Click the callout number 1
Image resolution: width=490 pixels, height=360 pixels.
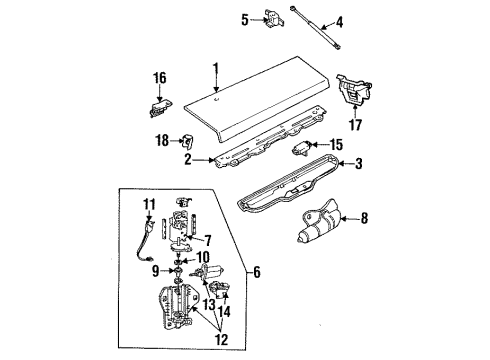[x=212, y=68]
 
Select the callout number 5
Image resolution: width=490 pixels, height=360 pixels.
[x=245, y=18]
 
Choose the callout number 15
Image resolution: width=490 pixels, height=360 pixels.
[x=336, y=146]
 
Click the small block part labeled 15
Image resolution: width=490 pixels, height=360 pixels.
[x=301, y=149]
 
